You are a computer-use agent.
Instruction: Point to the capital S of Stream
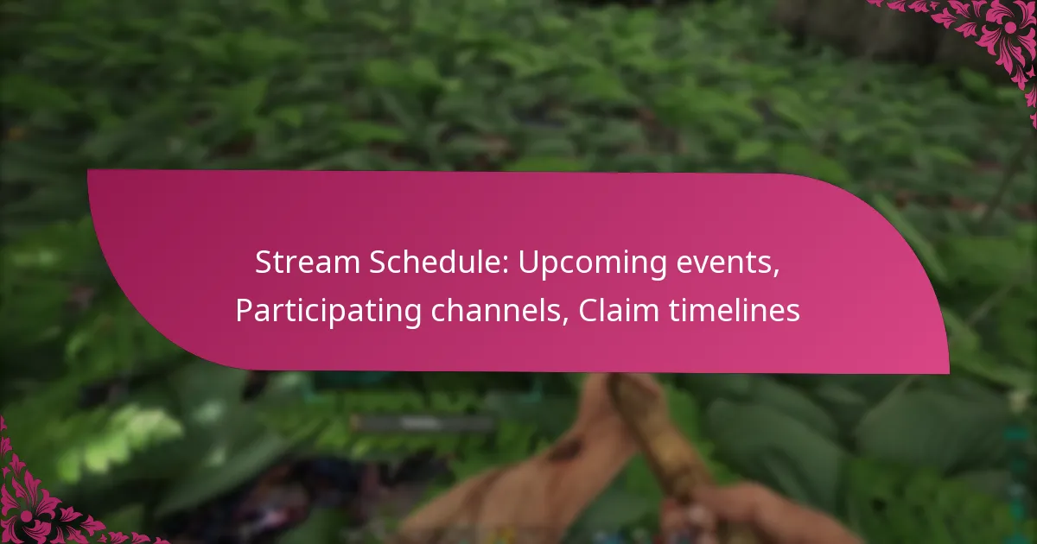[263, 264]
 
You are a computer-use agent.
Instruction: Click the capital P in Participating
[243, 311]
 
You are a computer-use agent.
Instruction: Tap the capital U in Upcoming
[527, 264]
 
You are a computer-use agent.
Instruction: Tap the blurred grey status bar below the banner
[422, 423]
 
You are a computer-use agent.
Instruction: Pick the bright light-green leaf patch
[130, 432]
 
